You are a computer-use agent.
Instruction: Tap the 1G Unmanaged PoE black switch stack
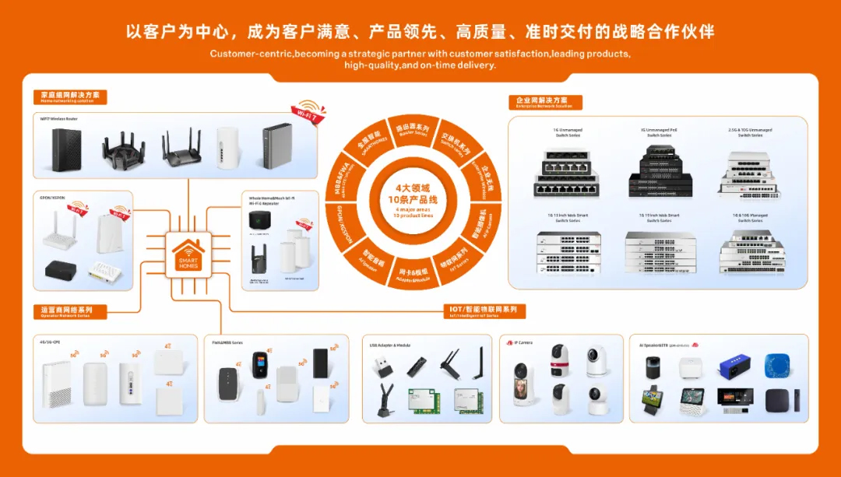coord(659,166)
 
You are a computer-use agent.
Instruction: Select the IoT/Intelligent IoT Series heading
coord(485,311)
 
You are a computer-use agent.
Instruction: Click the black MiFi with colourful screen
coord(259,367)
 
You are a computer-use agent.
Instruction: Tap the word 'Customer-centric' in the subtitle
coord(251,54)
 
